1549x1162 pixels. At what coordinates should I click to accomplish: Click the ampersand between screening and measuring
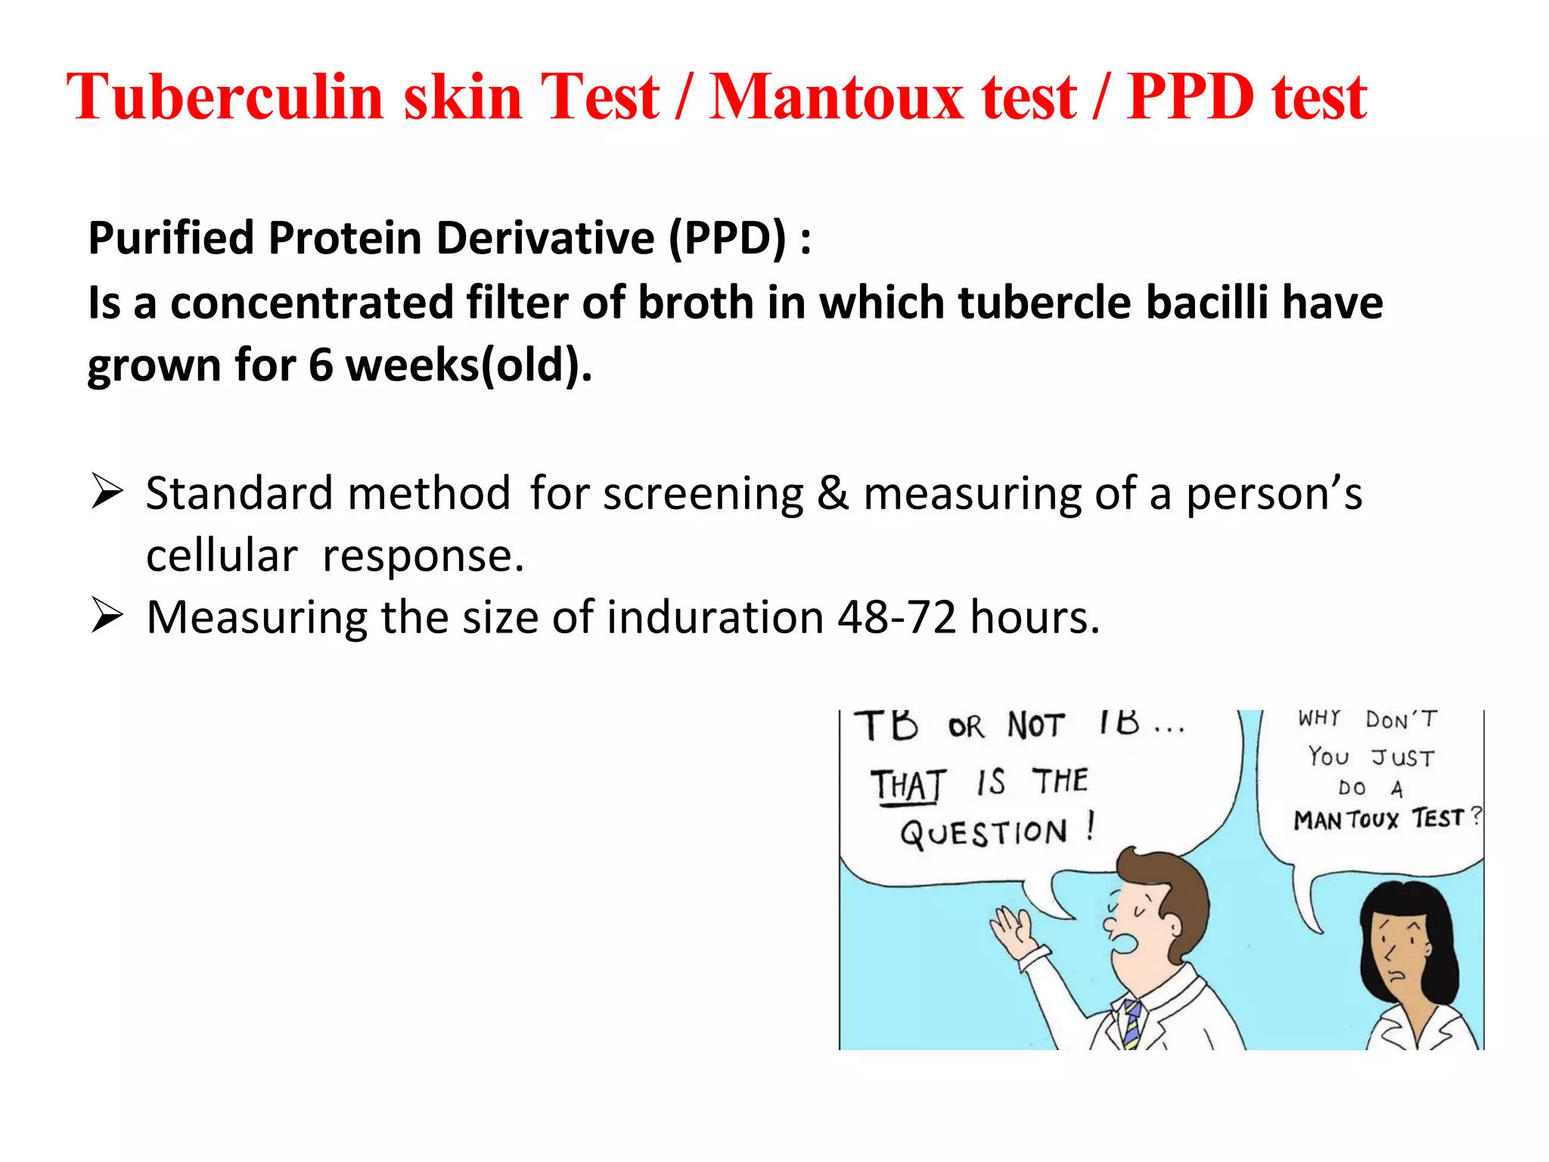tap(833, 493)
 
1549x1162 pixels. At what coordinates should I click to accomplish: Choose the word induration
tap(715, 617)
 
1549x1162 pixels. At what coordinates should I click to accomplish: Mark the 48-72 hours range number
tap(897, 617)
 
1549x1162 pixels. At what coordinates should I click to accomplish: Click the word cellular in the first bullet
tap(222, 556)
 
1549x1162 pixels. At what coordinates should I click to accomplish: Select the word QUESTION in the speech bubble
tap(983, 833)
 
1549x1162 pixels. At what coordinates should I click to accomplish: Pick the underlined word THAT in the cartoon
tap(908, 785)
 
